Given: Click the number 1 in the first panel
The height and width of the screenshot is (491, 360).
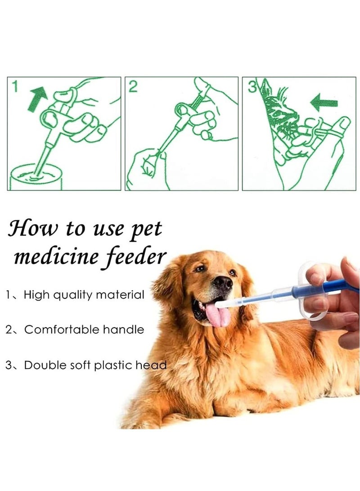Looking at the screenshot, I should click(x=15, y=86).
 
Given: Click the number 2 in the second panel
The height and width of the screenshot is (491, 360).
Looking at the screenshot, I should click(x=133, y=87).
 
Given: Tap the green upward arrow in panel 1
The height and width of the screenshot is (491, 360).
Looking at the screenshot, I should click(x=37, y=98).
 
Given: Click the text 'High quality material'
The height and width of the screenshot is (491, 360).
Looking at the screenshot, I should click(x=84, y=295).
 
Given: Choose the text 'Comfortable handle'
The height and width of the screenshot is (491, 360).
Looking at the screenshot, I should click(x=84, y=329).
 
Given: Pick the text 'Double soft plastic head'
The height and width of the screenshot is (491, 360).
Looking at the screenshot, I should click(x=95, y=365).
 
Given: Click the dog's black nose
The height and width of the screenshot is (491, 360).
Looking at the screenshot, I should click(x=222, y=282).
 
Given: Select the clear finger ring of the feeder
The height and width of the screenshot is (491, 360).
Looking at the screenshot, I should click(x=310, y=311).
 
